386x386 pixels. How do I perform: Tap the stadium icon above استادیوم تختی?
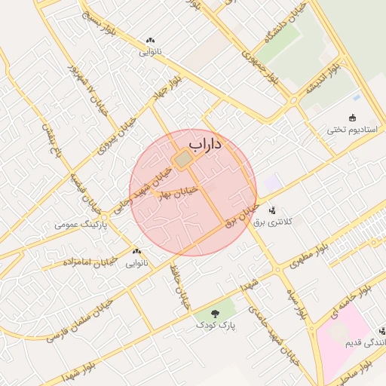click(x=352, y=116)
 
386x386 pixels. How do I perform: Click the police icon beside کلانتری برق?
click(x=271, y=210)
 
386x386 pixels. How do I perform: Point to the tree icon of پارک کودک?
click(x=216, y=312)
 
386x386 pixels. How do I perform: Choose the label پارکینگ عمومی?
click(x=82, y=225)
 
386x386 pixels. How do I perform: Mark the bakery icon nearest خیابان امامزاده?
click(x=136, y=252)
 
